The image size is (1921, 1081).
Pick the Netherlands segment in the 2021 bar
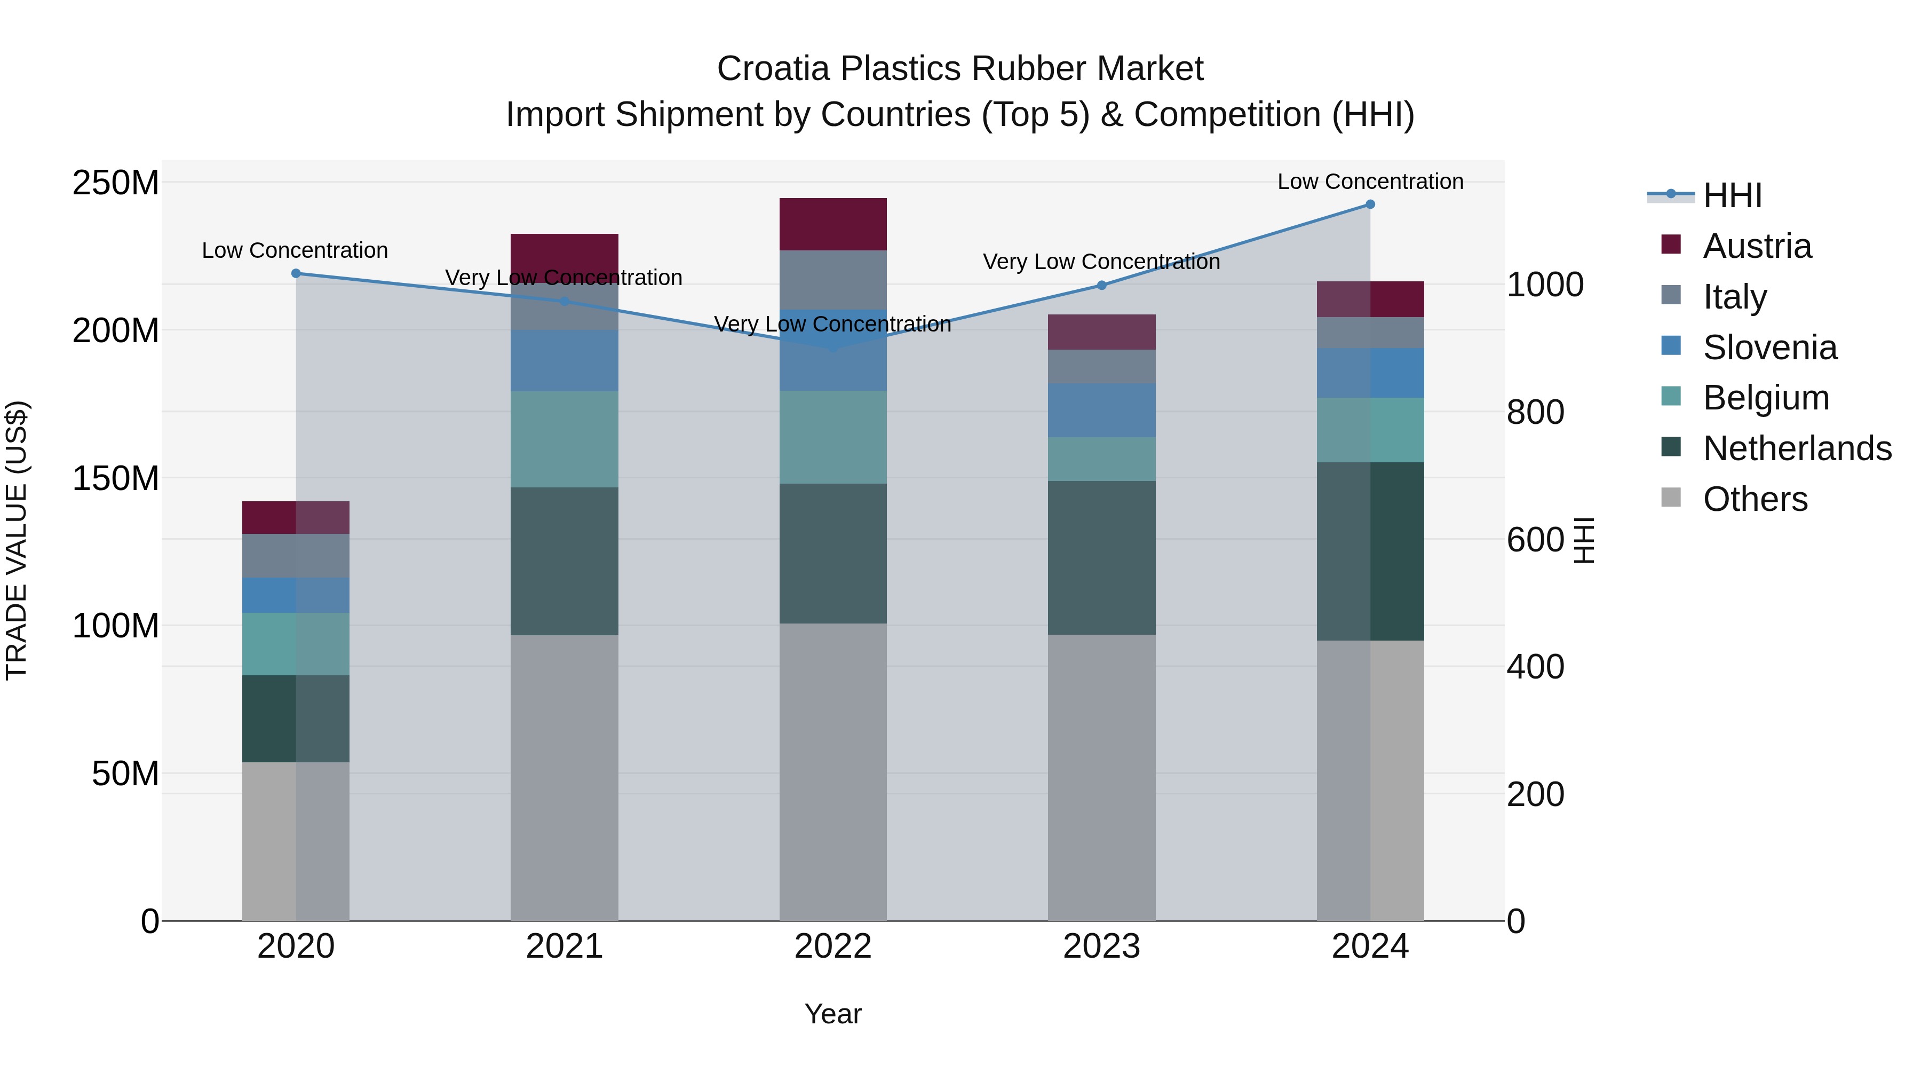[x=565, y=561]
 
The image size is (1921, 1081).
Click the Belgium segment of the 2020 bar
[x=296, y=644]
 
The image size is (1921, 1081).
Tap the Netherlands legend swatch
[x=1671, y=448]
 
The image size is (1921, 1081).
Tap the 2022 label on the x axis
[x=833, y=946]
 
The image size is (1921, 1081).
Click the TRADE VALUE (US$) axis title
[x=17, y=540]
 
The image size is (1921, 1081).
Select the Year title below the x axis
[x=833, y=1014]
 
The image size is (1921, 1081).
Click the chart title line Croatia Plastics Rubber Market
[x=960, y=69]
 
